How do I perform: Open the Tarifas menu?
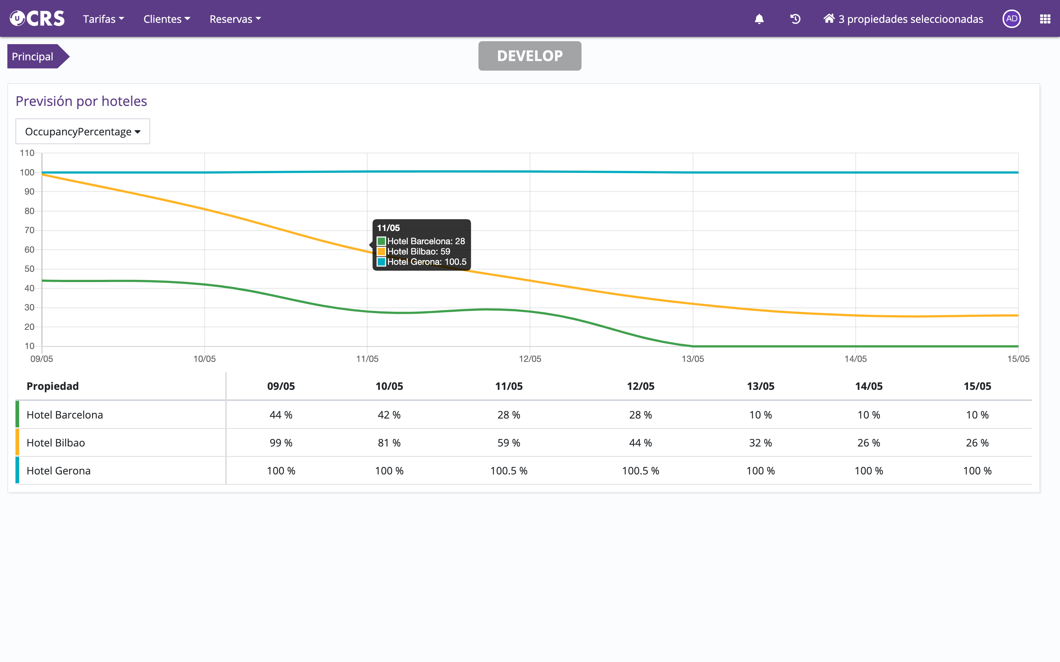click(x=103, y=19)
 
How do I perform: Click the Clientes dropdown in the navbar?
click(x=166, y=19)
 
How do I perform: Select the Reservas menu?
click(x=235, y=19)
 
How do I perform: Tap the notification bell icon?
click(x=759, y=19)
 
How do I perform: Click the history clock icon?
click(x=795, y=19)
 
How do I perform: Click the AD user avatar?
click(x=1011, y=19)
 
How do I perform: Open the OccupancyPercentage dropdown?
click(x=83, y=131)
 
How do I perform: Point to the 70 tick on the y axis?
click(x=29, y=230)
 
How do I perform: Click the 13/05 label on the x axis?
click(x=693, y=359)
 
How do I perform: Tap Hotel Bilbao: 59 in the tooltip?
click(x=418, y=251)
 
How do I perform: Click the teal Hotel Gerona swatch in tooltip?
click(x=381, y=262)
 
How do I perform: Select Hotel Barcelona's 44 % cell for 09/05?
click(x=281, y=414)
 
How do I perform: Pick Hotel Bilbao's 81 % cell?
click(x=389, y=443)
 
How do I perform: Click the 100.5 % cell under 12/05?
click(x=640, y=471)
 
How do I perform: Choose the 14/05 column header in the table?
click(x=869, y=386)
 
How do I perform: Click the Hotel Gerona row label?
click(x=59, y=471)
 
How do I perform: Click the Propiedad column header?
click(x=53, y=386)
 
